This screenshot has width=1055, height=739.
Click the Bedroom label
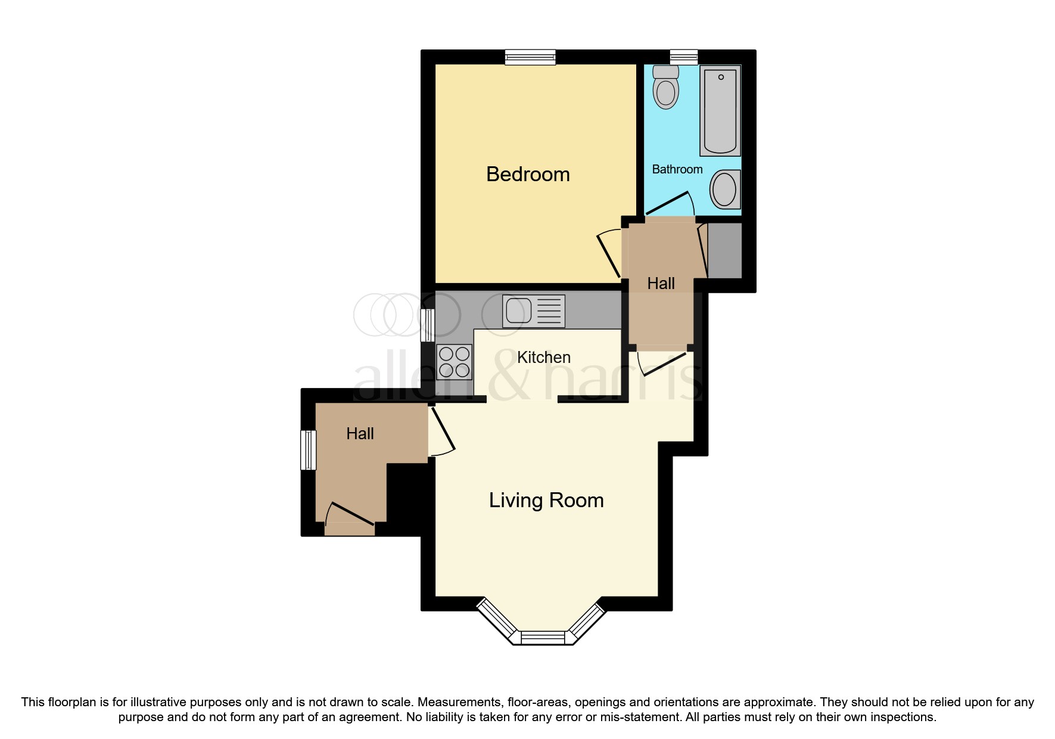pos(528,175)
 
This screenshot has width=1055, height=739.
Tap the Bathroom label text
pos(677,170)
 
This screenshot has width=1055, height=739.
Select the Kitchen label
pos(543,358)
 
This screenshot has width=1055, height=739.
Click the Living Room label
pos(546,501)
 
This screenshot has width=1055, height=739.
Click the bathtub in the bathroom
pos(720,111)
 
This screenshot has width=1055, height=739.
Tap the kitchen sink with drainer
pos(533,311)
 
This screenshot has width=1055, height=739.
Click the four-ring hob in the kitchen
pos(454,362)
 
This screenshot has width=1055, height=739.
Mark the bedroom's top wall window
pos(530,57)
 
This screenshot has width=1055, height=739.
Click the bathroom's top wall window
pos(683,57)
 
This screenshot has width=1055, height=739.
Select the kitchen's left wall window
pos(427,325)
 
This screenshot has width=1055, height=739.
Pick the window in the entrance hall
pos(308,450)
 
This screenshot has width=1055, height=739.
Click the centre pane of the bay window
pos(543,638)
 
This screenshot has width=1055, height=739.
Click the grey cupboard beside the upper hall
pos(724,250)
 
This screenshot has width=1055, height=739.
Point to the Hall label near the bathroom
pos(661,284)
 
